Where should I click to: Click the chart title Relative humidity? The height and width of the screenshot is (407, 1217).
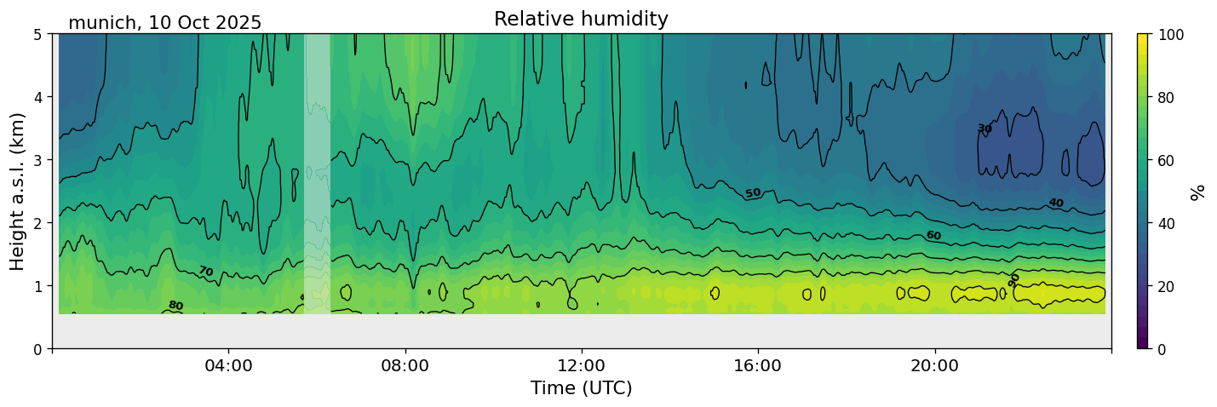(581, 19)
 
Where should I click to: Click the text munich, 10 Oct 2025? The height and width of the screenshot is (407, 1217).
(164, 23)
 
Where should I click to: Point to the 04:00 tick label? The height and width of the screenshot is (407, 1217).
(229, 365)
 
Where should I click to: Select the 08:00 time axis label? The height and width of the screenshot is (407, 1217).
(405, 365)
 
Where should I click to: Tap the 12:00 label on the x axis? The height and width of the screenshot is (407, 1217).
(582, 365)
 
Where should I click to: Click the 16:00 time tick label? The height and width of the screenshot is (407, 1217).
(758, 365)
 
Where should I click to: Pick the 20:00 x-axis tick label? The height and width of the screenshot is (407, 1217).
(934, 365)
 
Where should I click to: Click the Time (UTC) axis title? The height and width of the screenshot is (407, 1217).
(582, 388)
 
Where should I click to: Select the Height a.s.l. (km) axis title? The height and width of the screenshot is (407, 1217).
(17, 192)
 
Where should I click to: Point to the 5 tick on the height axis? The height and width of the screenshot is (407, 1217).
(37, 34)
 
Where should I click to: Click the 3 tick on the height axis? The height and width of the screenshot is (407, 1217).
(37, 160)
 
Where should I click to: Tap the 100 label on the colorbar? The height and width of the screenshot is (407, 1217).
(1170, 35)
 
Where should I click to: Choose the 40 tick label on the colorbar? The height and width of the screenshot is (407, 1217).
(1166, 223)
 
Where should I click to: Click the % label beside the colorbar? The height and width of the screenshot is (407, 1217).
(1197, 192)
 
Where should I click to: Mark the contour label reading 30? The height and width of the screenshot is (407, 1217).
(985, 129)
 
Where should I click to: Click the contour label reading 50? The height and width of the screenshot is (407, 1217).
(753, 193)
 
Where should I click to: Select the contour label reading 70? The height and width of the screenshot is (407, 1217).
(206, 271)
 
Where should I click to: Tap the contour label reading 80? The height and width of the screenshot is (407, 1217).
(175, 306)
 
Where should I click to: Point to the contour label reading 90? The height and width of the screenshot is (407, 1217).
(1013, 280)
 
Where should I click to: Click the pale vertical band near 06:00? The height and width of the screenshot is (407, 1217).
(317, 174)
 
